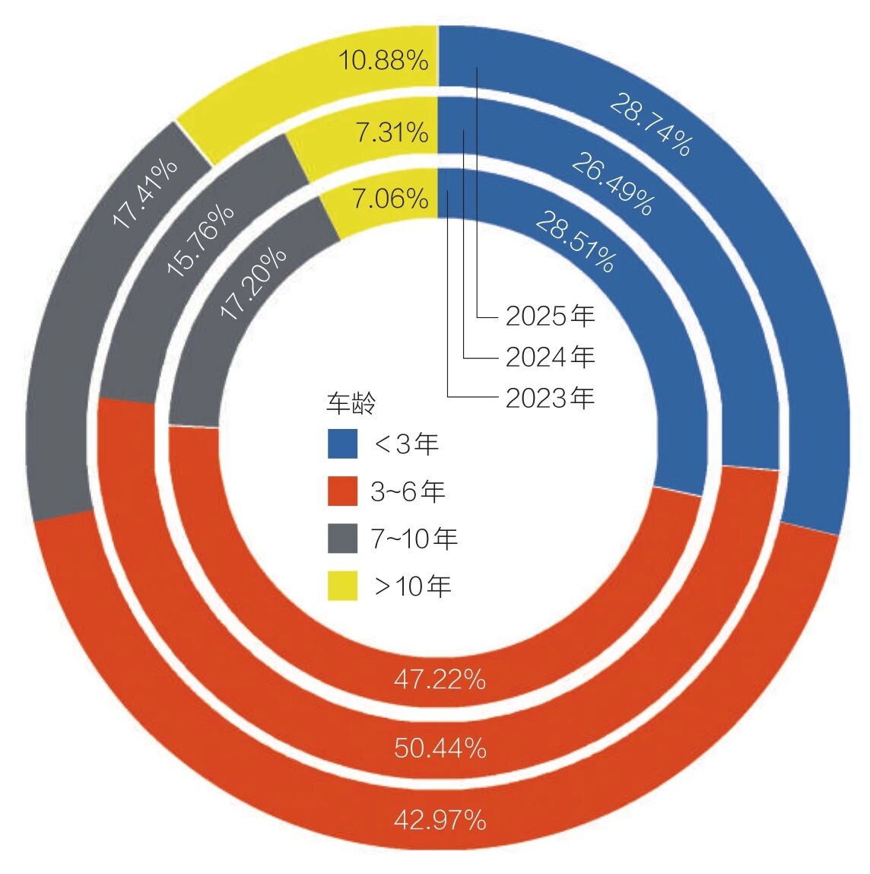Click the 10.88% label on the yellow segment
click(383, 60)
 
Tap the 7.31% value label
click(392, 133)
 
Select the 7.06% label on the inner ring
click(390, 199)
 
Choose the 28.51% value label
click(575, 242)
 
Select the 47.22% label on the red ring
click(440, 679)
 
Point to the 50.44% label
click(440, 748)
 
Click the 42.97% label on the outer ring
click(440, 820)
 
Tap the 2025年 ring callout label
click(550, 316)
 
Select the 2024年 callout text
click(550, 357)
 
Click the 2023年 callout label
click(550, 398)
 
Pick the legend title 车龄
click(351, 403)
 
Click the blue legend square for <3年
click(342, 444)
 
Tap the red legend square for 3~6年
click(342, 491)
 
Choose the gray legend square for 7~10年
click(342, 539)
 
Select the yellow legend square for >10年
click(342, 586)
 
